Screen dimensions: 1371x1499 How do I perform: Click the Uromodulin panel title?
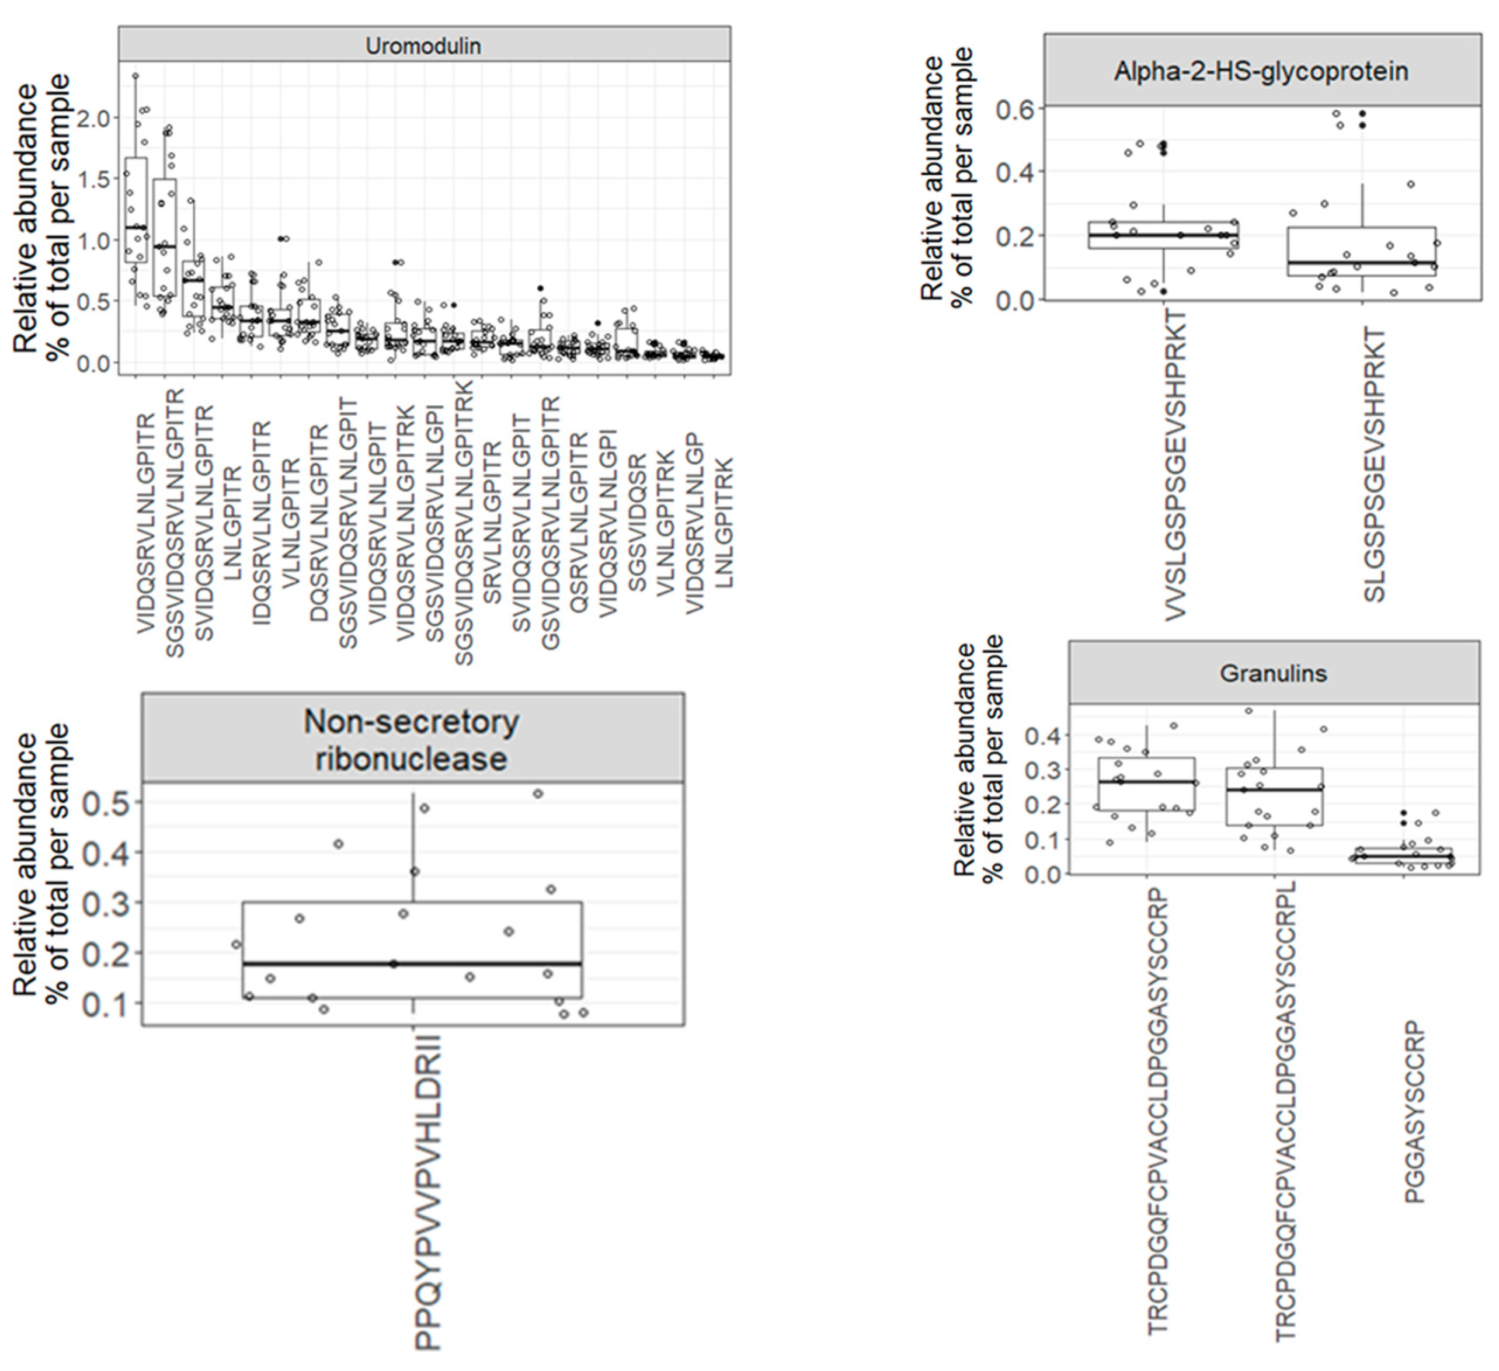point(423,46)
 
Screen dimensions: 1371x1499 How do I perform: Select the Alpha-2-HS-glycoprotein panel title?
point(1261,71)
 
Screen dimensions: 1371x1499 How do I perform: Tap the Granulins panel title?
point(1273,674)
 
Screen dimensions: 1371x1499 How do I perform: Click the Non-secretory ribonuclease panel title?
point(411,740)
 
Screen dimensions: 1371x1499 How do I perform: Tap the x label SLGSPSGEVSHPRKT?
point(1376,465)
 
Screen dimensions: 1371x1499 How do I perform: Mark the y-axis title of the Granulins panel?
point(978,758)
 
